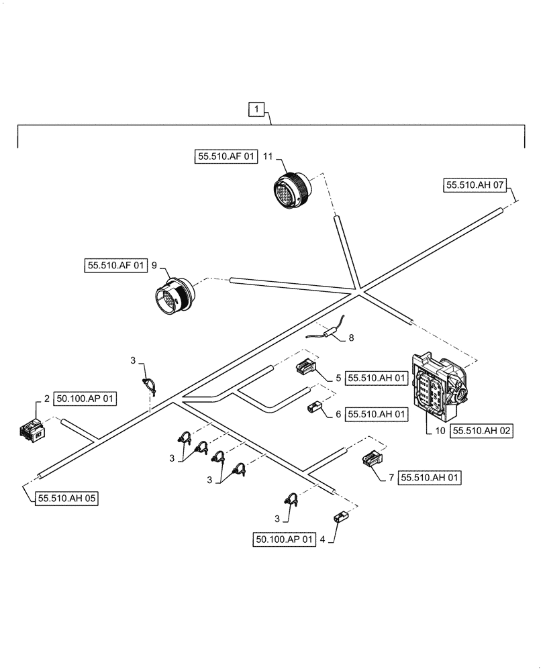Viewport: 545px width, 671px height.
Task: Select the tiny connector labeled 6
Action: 314,408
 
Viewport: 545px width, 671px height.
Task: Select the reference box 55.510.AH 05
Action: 66,499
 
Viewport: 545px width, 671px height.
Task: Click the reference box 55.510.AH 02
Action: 482,431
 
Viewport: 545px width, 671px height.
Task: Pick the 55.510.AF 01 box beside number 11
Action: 227,157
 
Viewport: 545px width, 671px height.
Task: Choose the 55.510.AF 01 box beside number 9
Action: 115,266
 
